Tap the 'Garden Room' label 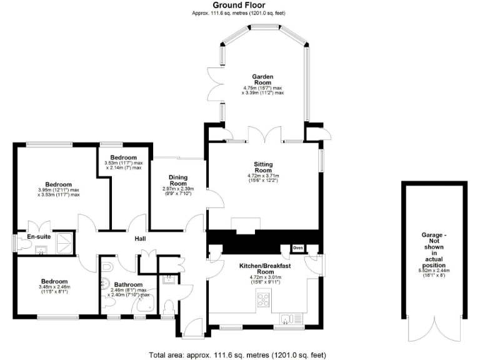pyautogui.click(x=262, y=79)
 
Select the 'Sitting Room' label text pyautogui.click(x=262, y=167)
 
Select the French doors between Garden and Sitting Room pyautogui.click(x=258, y=134)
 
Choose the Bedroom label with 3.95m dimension pyautogui.click(x=57, y=184)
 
